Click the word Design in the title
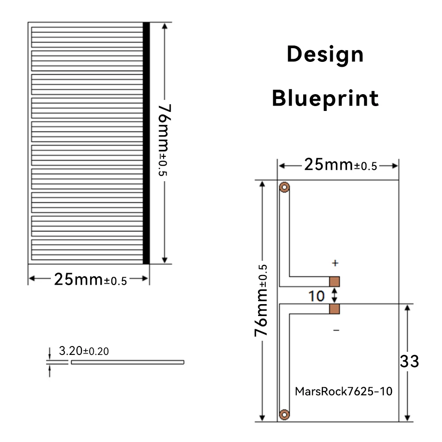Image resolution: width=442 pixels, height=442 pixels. (325, 55)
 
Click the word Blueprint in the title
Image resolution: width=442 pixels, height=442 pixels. (325, 98)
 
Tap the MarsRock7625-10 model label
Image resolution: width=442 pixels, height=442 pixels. (343, 391)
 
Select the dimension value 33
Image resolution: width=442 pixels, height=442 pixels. (409, 362)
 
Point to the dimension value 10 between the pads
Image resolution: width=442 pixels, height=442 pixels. (316, 296)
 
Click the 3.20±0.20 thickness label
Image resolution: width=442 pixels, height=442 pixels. (84, 351)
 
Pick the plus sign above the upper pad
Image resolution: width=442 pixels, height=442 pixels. (335, 263)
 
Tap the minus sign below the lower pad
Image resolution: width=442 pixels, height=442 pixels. (336, 330)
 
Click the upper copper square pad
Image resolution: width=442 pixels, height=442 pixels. (335, 282)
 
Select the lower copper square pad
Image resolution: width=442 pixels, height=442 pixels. (335, 309)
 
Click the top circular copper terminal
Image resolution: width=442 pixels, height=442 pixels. (284, 187)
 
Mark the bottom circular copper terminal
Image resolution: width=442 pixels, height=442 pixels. (284, 414)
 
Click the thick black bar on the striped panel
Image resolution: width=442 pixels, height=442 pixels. (146, 143)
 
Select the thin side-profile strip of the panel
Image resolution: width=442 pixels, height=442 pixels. (127, 362)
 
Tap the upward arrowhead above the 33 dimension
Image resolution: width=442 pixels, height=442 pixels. (408, 308)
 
